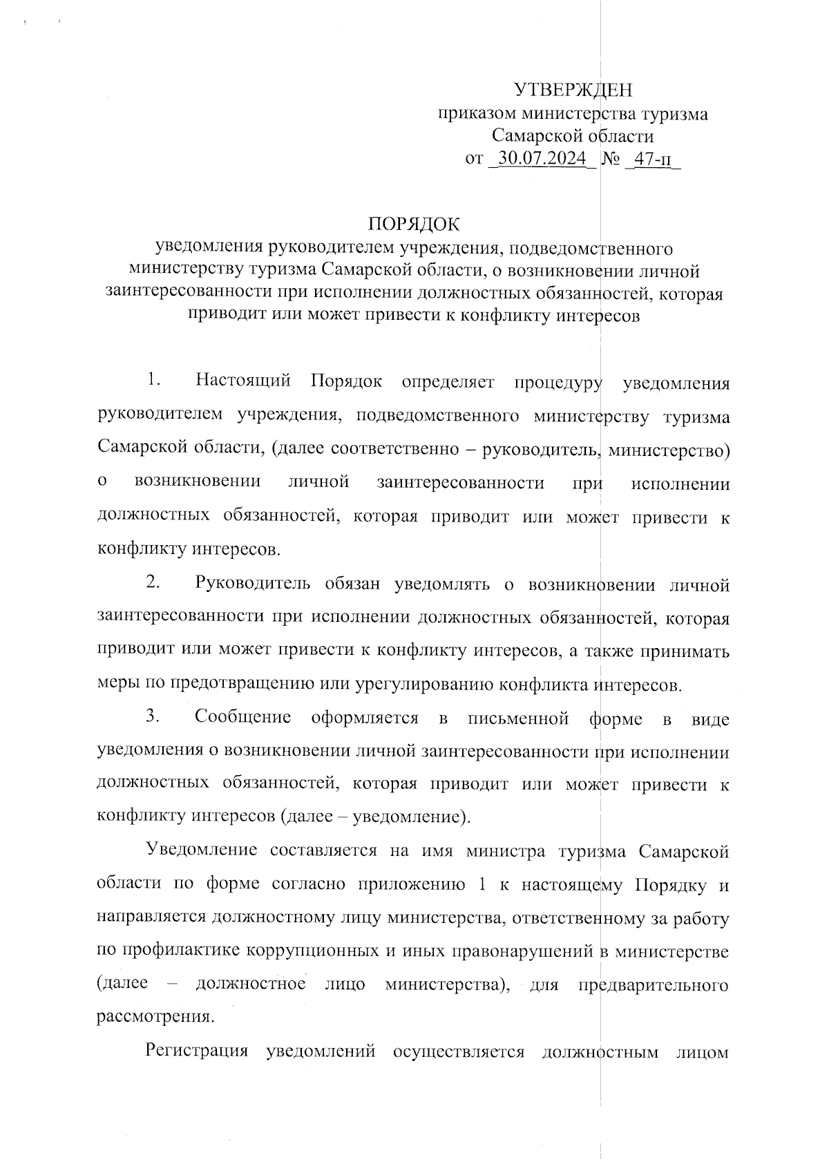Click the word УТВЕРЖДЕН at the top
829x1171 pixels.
[x=573, y=91]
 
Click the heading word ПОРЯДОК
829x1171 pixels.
[x=414, y=224]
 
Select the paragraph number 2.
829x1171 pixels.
[x=153, y=583]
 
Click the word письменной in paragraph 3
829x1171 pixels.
[x=518, y=718]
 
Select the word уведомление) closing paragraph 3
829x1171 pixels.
[x=412, y=817]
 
